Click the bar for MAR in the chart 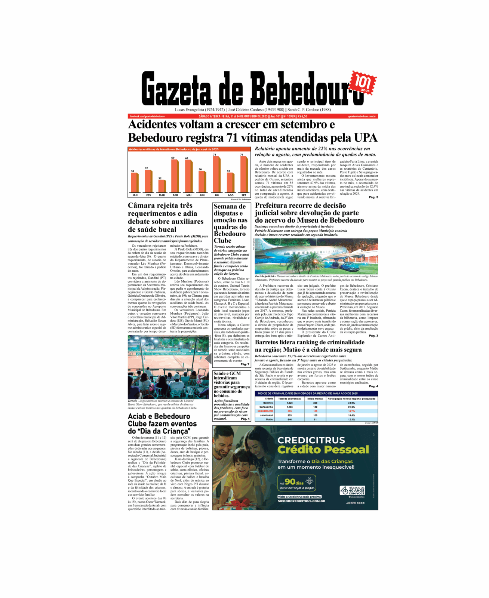pyautogui.click(x=162, y=186)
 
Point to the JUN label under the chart pyautogui.click(x=202, y=195)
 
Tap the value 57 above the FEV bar pyautogui.click(x=147, y=168)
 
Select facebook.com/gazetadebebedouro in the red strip pyautogui.click(x=147, y=116)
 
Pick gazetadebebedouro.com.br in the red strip pyautogui.click(x=362, y=116)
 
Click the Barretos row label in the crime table pyautogui.click(x=268, y=403)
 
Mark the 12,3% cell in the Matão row pyautogui.click(x=351, y=419)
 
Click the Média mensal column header pyautogui.click(x=315, y=398)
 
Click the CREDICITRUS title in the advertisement pyautogui.click(x=311, y=440)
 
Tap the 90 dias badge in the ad pyautogui.click(x=296, y=483)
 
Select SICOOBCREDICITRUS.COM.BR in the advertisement pyautogui.click(x=301, y=501)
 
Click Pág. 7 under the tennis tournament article pyautogui.click(x=245, y=364)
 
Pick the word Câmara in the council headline pyautogui.click(x=142, y=206)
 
